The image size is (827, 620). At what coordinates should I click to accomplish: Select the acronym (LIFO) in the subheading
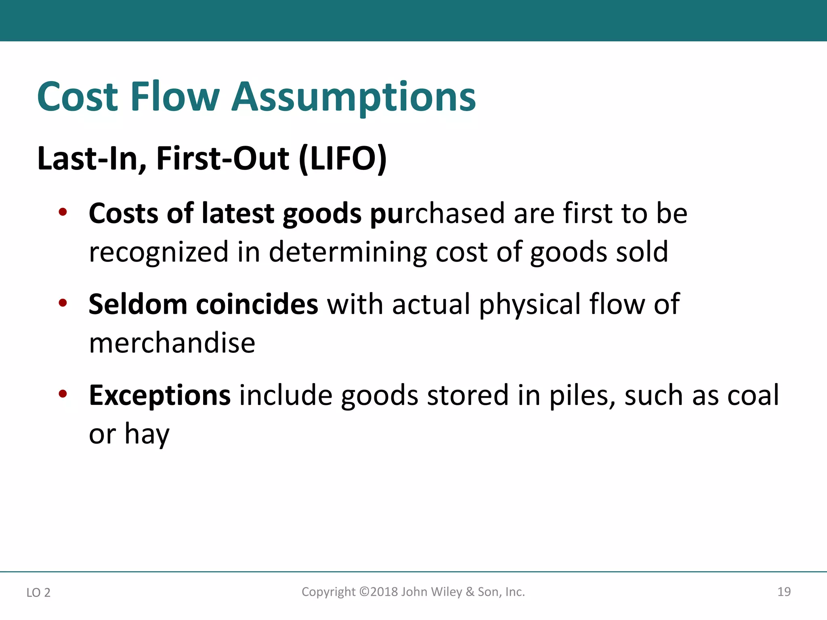342,159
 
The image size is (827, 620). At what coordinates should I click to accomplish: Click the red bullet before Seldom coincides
63,303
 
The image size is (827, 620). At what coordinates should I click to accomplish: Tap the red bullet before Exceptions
63,394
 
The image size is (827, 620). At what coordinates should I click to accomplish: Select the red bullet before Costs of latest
63,212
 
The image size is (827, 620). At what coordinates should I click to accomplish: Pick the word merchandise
172,343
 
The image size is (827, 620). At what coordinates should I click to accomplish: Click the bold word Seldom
138,304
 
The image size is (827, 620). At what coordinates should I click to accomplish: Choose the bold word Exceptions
160,396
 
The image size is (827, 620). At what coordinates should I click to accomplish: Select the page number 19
784,592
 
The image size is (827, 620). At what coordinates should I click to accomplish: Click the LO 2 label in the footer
38,593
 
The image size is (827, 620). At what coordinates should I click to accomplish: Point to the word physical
529,305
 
